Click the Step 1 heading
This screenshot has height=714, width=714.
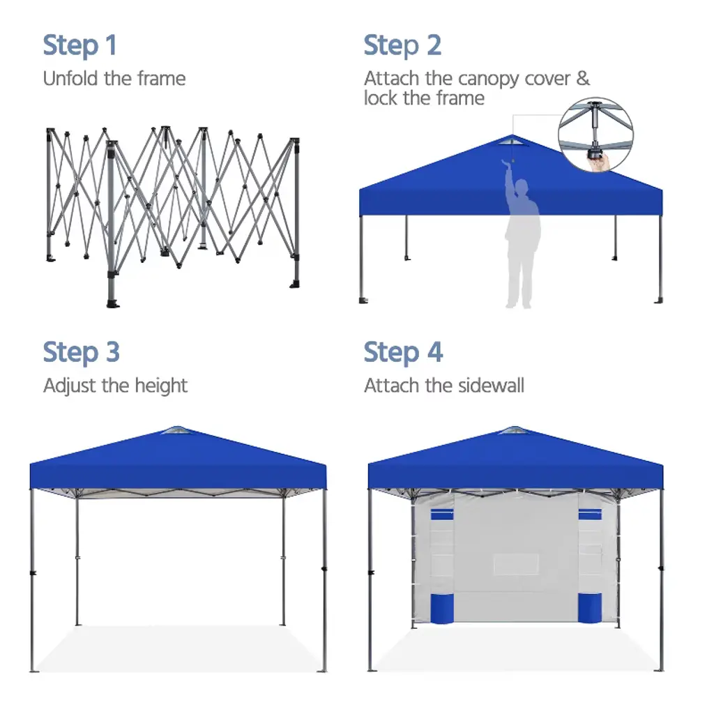pos(79,45)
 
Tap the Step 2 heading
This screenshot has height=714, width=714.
pos(402,45)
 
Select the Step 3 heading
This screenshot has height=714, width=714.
pos(81,352)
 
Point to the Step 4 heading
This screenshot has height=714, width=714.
pos(403,352)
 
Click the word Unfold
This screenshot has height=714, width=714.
pos(70,78)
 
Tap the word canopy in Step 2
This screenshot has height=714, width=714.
pos(489,79)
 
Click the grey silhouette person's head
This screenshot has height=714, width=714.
pos(522,187)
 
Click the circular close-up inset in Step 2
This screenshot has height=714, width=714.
pos(595,135)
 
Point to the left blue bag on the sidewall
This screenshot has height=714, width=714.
pos(441,608)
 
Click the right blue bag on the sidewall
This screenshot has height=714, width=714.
pos(590,608)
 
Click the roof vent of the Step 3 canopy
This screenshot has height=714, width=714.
pos(176,430)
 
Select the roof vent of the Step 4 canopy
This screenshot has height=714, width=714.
pos(514,430)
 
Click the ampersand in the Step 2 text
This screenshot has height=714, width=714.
pos(583,78)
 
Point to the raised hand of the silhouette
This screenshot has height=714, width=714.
pos(506,165)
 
